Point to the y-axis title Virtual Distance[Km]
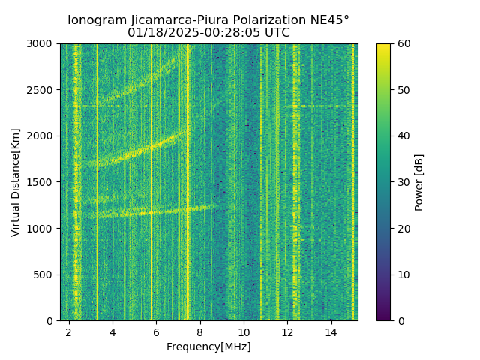pos(16,182)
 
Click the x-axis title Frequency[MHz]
pos(208,346)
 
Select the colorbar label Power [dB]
pos(419,182)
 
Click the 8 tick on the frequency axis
pos(200,331)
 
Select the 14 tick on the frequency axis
pos(331,331)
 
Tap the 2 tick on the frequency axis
pos(69,331)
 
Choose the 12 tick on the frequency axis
pos(287,331)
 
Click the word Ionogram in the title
pos(95,20)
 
